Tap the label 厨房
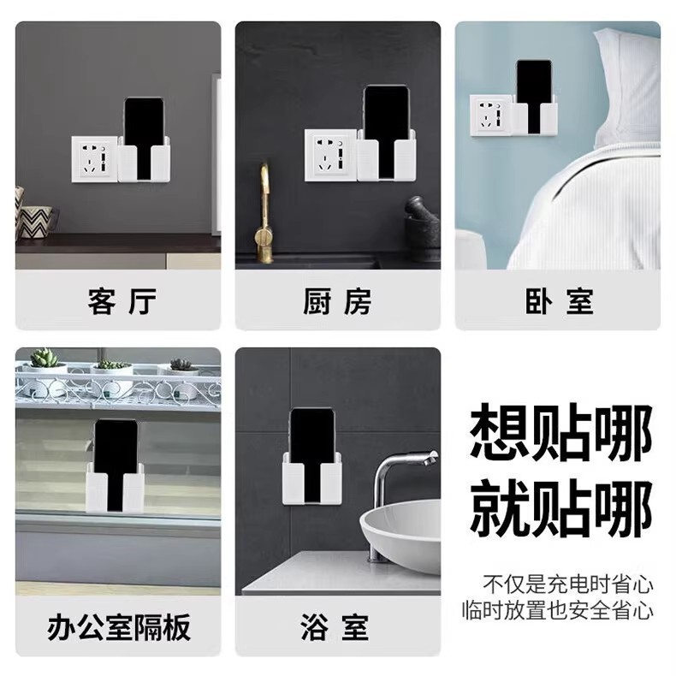pos(337,301)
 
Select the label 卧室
pos(558,301)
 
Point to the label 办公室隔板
pos(118,628)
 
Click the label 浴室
pos(337,628)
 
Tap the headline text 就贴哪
pos(560,507)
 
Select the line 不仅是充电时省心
pos(568,585)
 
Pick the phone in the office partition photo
pos(115,449)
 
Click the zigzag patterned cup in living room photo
pos(36,222)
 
